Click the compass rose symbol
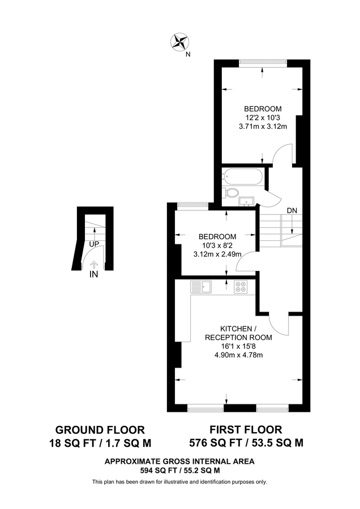click(x=179, y=41)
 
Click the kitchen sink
click(x=202, y=287)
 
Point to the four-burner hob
click(x=241, y=287)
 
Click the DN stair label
click(x=292, y=210)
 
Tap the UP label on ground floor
click(x=93, y=244)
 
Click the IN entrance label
click(x=93, y=274)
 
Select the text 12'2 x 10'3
click(x=263, y=118)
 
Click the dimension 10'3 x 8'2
click(x=217, y=245)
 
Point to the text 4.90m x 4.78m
click(x=238, y=355)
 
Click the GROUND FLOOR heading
click(x=100, y=429)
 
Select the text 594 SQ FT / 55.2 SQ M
click(x=179, y=470)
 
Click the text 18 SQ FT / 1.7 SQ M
click(x=100, y=442)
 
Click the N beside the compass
click(x=188, y=55)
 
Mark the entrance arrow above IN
click(x=93, y=264)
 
